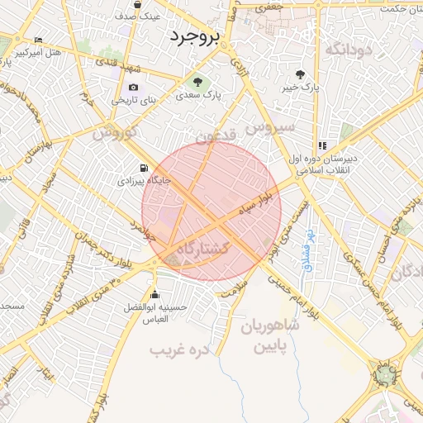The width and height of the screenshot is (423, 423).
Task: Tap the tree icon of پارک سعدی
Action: [x=197, y=82]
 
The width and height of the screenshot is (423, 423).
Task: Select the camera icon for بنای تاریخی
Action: [x=134, y=88]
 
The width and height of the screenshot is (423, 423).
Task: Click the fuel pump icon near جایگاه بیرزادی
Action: [x=146, y=165]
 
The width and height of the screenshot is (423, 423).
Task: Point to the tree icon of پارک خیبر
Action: [x=311, y=74]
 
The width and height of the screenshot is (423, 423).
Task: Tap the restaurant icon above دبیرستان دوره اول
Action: [x=321, y=145]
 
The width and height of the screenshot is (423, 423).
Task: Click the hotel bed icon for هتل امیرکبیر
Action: [x=38, y=40]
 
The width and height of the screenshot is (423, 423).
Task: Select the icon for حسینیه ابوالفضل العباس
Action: [x=154, y=295]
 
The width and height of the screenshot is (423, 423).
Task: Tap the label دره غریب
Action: [x=180, y=350]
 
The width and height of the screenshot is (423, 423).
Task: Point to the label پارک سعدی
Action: [x=198, y=96]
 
